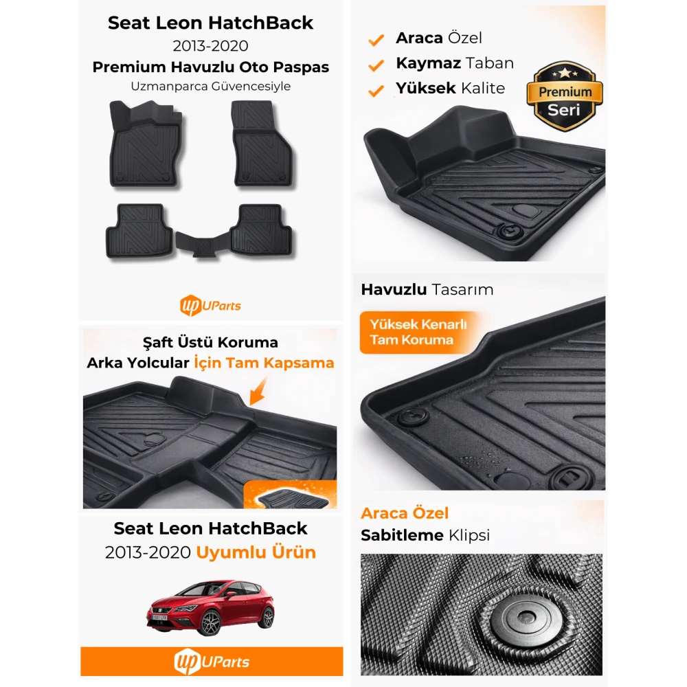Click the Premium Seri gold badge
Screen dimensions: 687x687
click(564, 96)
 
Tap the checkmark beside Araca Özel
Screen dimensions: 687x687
click(376, 40)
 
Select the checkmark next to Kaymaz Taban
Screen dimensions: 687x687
click(376, 65)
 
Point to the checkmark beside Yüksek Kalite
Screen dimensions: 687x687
click(376, 91)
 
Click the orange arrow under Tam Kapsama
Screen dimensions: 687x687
click(258, 391)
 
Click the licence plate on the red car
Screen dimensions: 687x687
click(159, 618)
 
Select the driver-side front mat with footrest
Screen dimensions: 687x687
click(146, 144)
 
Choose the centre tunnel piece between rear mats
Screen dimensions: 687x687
click(203, 244)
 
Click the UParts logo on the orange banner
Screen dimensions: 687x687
click(212, 662)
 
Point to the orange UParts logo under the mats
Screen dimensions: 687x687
click(210, 306)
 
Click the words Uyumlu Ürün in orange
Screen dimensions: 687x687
click(256, 552)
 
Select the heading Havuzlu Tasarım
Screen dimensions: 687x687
click(427, 290)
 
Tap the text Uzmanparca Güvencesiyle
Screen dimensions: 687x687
click(211, 87)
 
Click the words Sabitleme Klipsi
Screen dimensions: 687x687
click(425, 535)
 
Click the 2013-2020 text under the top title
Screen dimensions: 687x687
click(211, 46)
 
